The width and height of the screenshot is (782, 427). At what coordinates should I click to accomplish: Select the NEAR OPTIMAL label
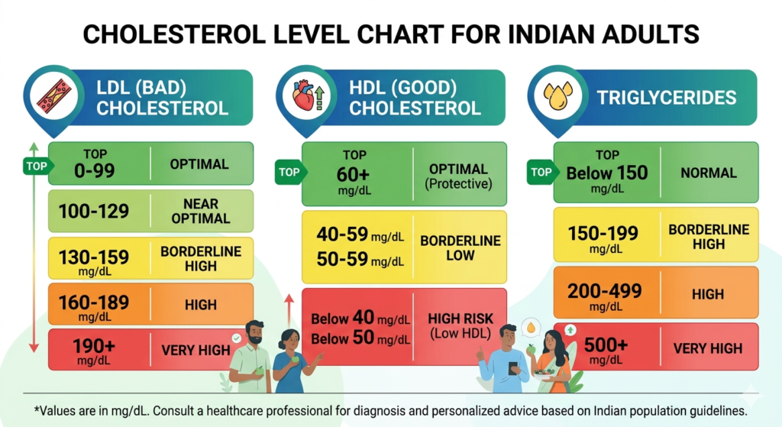200,211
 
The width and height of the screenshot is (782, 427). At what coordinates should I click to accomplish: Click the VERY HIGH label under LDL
195,351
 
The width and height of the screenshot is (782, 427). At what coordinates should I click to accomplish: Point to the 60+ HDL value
354,175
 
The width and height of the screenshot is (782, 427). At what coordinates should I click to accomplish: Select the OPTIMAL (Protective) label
459,176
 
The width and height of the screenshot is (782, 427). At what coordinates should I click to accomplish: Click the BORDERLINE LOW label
460,247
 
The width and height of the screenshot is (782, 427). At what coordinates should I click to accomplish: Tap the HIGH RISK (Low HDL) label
460,325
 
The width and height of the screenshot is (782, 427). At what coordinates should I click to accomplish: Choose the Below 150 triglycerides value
606,173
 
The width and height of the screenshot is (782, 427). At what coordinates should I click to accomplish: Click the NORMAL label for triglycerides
709,173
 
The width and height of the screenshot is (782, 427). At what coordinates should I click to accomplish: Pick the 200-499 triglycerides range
605,290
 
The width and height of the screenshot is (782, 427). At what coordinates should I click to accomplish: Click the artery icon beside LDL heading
53,96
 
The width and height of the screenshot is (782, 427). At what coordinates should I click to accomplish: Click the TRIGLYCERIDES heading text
667,98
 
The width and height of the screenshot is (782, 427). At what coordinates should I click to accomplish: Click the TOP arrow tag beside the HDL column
289,172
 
